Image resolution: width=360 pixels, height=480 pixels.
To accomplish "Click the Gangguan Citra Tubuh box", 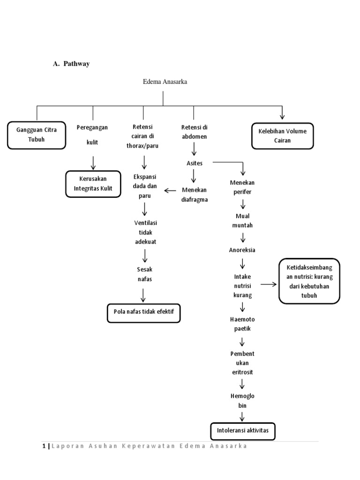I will point(36,135).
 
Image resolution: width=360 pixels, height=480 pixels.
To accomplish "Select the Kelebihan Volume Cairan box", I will point(282,135).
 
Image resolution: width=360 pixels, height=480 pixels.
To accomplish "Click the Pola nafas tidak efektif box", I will point(143,313).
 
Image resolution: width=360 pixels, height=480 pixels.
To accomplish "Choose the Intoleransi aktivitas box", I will point(242,431).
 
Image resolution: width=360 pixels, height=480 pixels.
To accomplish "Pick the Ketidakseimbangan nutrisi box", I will point(309,281).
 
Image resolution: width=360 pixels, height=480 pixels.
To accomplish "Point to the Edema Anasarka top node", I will point(165,82).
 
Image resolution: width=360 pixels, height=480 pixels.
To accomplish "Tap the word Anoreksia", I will point(242,249).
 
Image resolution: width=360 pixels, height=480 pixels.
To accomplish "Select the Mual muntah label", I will point(242,221).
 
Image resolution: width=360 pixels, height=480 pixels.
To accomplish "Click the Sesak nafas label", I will point(144,274).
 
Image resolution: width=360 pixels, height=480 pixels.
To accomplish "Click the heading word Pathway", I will point(77,64).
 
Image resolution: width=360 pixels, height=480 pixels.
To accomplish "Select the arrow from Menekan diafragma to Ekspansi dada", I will point(170,190).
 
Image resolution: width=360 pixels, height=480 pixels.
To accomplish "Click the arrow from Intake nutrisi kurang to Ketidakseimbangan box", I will point(269,284).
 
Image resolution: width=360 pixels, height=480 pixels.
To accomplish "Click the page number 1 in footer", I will point(44,446).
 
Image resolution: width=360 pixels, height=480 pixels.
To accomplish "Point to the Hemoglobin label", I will point(242,400).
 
